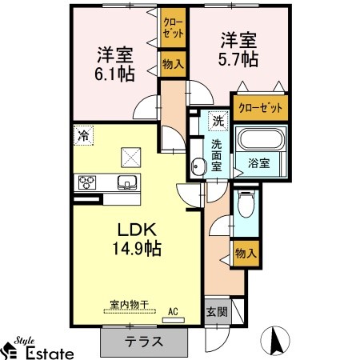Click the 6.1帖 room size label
pos(114,74)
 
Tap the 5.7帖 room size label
pos(238,59)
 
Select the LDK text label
pos(137,230)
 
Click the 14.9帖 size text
pos(137,249)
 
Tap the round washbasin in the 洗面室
pos(198,167)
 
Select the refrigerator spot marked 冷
pos(83,135)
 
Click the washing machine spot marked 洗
pos(218,121)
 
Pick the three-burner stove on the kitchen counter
pos(87,182)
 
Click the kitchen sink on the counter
pos(127,182)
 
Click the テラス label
pos(144,342)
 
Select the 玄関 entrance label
pos(218,312)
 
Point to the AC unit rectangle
pos(174,320)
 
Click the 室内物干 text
pos(130,304)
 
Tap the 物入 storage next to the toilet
pos(246,254)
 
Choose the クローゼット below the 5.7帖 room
pos(260,108)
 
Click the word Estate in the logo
pos(50,354)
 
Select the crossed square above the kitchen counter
pos(131,158)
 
